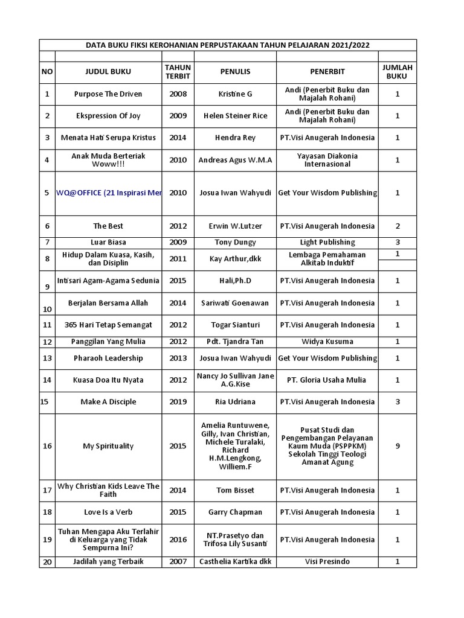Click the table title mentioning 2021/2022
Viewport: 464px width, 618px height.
click(x=228, y=45)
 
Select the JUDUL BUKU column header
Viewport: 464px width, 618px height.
click(x=108, y=72)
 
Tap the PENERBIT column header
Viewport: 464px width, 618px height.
click(x=327, y=72)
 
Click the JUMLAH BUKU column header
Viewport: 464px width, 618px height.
click(x=397, y=72)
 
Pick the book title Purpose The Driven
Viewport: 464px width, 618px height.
click(x=108, y=94)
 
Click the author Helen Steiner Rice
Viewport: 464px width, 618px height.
click(x=235, y=116)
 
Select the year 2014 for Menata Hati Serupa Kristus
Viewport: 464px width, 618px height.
click(x=178, y=138)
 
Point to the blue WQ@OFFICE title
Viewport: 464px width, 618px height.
click(x=109, y=193)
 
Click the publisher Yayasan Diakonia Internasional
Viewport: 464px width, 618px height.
click(x=327, y=160)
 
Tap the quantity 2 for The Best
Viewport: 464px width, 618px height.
click(x=397, y=226)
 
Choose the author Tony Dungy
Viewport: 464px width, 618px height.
click(x=235, y=243)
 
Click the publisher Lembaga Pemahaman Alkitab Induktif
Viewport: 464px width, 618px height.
click(x=327, y=259)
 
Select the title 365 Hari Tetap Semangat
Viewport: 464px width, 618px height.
click(x=108, y=325)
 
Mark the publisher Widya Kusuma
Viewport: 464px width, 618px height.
click(x=327, y=342)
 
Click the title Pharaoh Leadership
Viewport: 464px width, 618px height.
click(x=108, y=358)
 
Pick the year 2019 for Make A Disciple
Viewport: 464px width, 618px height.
click(x=178, y=402)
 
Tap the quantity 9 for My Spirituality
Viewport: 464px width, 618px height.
click(x=397, y=447)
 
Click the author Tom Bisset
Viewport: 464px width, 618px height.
click(x=235, y=491)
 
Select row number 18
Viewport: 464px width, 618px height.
click(x=47, y=512)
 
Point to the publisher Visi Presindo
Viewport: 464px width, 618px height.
click(x=327, y=562)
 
